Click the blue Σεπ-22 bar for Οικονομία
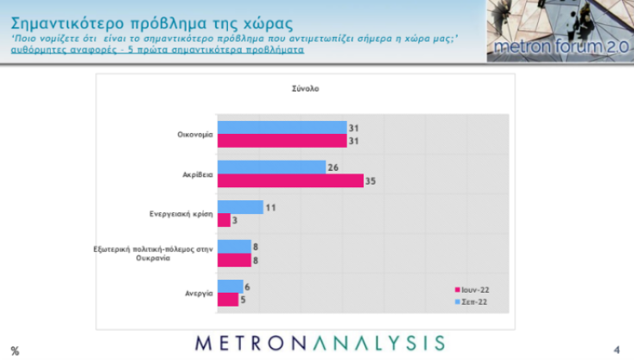[x=282, y=127]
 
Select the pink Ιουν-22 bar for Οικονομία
[x=282, y=141]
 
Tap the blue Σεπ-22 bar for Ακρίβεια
[x=271, y=167]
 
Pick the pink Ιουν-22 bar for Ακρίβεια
[x=290, y=180]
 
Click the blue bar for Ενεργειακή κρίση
[x=240, y=207]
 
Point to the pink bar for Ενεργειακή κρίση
[x=224, y=220]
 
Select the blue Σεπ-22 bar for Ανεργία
[x=230, y=287]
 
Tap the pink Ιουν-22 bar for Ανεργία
[x=228, y=300]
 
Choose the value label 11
[x=271, y=207]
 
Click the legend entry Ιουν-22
[x=473, y=289]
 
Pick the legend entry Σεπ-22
[x=473, y=301]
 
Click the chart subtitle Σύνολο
[x=301, y=88]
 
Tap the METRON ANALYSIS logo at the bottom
[x=320, y=342]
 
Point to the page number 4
[x=617, y=349]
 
